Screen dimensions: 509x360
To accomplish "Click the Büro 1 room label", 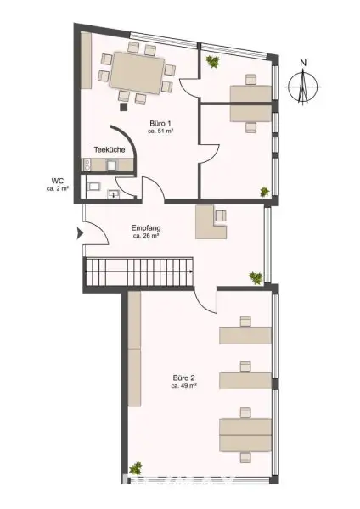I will point(160,124).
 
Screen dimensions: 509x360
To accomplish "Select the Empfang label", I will point(146,227).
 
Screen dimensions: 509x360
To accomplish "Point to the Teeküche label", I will point(110,149).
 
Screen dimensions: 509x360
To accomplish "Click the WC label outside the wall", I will point(58,180).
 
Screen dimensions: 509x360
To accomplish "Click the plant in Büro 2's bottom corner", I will point(136,467).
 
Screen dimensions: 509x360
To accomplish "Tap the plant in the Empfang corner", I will point(254,277).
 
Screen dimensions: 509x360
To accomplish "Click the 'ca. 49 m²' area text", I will point(183,386).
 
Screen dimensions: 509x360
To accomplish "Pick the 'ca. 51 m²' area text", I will point(160,132).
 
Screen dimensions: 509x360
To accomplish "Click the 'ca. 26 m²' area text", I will point(146,236).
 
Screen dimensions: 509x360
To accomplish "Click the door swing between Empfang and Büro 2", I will point(205,299).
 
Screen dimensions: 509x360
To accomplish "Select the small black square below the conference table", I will point(124,107).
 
